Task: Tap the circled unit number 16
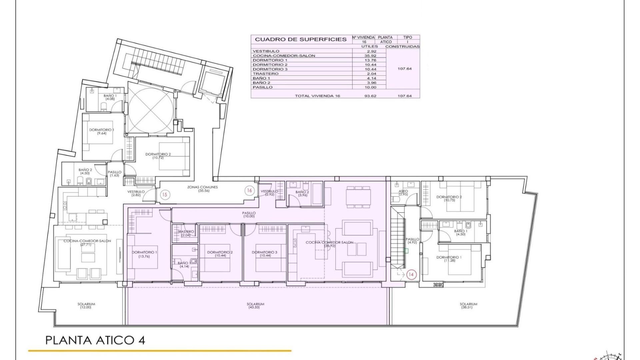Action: point(249,190)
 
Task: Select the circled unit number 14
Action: point(411,275)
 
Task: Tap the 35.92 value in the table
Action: point(371,56)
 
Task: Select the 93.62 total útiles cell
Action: point(371,96)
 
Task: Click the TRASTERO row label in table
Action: point(265,74)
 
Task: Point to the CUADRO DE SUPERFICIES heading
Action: point(301,39)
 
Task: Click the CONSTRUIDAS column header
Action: point(402,47)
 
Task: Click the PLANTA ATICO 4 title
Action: point(95,340)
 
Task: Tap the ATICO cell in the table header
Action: point(386,42)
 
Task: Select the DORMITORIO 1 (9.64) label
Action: point(101,131)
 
